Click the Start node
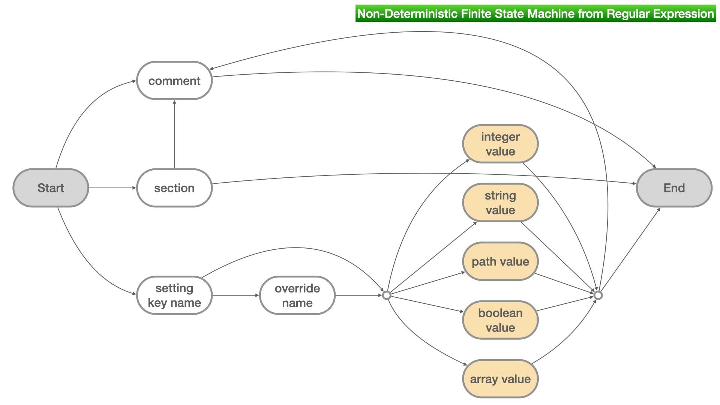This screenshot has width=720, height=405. pos(51,188)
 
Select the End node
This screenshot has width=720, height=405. pos(674,188)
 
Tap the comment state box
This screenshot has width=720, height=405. pos(174,81)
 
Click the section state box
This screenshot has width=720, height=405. pos(174,188)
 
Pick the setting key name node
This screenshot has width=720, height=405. pos(174,295)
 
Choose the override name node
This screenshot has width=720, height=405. pos(297,295)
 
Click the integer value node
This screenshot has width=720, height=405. pos(500,144)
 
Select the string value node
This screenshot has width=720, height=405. pos(500,202)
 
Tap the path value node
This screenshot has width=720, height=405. pos(500,261)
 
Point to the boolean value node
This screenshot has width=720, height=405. pos(500,320)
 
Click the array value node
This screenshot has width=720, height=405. pos(500,379)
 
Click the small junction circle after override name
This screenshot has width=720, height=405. pos(387,295)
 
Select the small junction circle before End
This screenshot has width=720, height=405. pos(598,295)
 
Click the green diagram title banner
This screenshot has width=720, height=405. pos(535,13)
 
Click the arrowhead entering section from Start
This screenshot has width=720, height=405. pos(134,188)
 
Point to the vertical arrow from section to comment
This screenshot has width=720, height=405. pos(174,135)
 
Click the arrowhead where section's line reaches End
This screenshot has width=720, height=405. pos(634,183)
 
